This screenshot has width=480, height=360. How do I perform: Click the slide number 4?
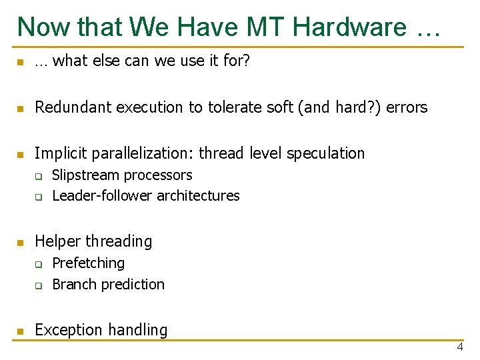click(459, 348)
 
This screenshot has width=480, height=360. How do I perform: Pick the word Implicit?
click(61, 153)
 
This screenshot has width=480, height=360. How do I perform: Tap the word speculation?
click(325, 153)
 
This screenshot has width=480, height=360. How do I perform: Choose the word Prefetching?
click(88, 263)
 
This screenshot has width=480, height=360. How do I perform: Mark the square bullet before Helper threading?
click(21, 243)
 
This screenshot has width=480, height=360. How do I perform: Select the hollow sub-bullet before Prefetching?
click(39, 265)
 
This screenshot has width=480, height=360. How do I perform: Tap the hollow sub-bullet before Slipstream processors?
click(39, 177)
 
